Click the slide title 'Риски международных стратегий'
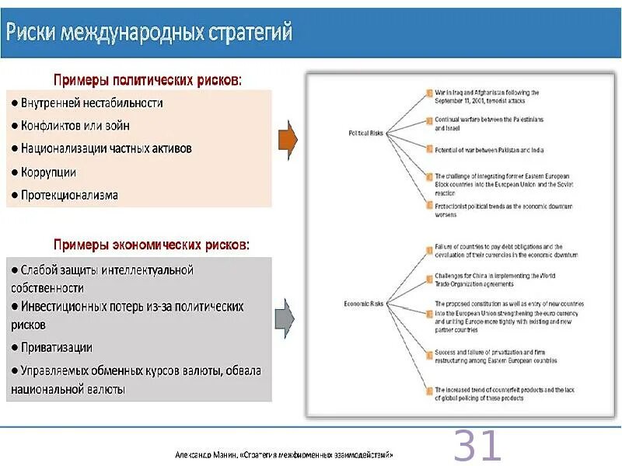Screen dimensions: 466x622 (x=149, y=33)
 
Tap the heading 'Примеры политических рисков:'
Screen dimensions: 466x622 (x=147, y=79)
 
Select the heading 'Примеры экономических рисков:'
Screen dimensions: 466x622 (x=152, y=245)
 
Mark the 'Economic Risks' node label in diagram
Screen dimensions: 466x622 (x=364, y=303)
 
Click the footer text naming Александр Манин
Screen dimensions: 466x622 (x=285, y=454)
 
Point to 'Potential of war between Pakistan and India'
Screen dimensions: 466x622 (x=489, y=148)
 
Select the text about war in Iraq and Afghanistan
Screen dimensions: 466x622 (x=486, y=96)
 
